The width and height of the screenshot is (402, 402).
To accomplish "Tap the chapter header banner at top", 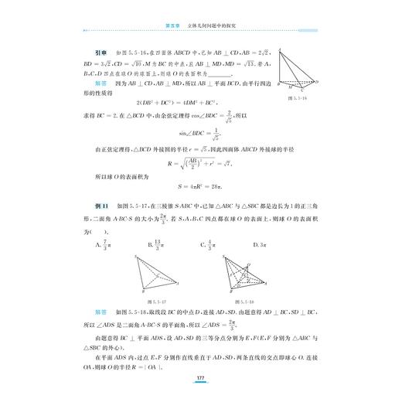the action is pos(200,25).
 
